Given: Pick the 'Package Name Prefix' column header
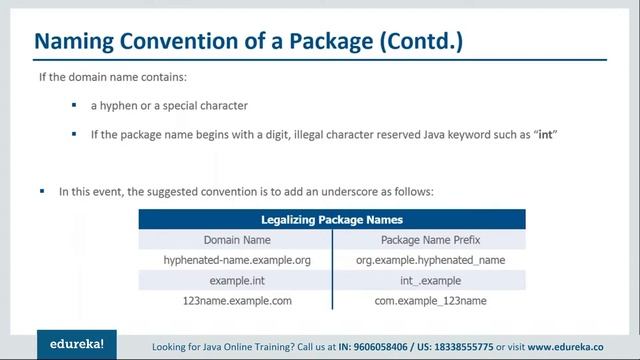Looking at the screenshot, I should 429,240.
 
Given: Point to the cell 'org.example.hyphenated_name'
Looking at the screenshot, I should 429,260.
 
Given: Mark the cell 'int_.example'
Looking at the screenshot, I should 429,281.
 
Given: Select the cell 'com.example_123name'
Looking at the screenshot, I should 429,301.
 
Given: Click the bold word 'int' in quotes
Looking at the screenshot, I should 548,134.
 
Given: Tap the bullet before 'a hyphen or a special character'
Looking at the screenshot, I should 74,105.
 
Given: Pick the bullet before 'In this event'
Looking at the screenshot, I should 43,189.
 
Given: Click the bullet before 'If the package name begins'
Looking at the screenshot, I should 74,133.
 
